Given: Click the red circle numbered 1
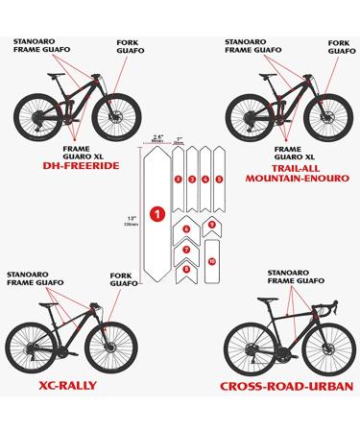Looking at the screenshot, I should (157, 212).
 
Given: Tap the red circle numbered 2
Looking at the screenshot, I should (178, 180).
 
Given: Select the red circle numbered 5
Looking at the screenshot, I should (218, 180).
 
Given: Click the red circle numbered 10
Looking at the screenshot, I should (211, 260).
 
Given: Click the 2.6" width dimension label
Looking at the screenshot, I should (157, 137).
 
